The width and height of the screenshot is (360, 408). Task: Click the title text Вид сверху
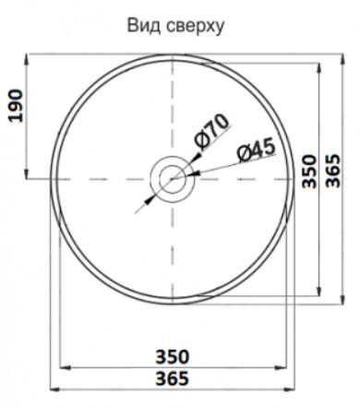pos(176,27)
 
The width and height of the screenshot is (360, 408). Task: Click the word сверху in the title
pos(196,28)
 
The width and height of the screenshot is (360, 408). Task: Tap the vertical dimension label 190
pos(16,106)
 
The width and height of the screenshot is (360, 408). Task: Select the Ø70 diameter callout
pos(211,131)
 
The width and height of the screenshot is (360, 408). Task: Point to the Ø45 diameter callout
pos(257,150)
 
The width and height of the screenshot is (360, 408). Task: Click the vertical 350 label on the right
pos(309,171)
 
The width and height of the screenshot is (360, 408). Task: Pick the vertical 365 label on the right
pos(333,171)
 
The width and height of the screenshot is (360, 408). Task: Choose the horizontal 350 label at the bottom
pos(173,357)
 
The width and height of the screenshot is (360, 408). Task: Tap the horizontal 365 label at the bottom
pos(173,378)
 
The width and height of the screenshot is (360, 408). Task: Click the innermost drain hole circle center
pos(173,179)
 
